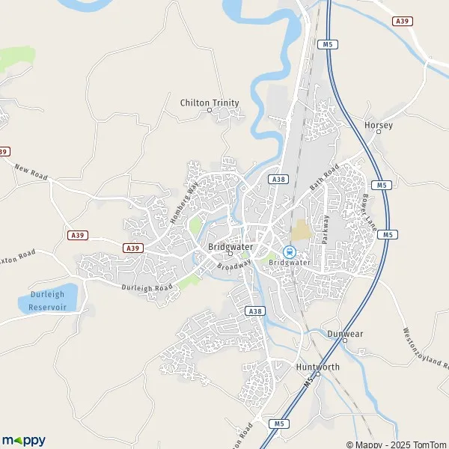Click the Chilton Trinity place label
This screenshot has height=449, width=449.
pos(209,103)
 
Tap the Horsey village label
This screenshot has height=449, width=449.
pos(378,126)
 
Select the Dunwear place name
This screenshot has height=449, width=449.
pos(345,333)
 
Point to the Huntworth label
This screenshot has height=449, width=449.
pos(317,367)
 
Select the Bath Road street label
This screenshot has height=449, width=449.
pos(326,176)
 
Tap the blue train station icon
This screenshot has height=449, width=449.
pos(289,251)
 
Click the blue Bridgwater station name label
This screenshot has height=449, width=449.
pos(289,263)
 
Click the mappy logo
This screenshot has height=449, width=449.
pos(23,440)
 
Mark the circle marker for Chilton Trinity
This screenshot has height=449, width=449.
pos(209,110)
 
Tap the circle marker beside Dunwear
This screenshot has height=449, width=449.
pos(345,340)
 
